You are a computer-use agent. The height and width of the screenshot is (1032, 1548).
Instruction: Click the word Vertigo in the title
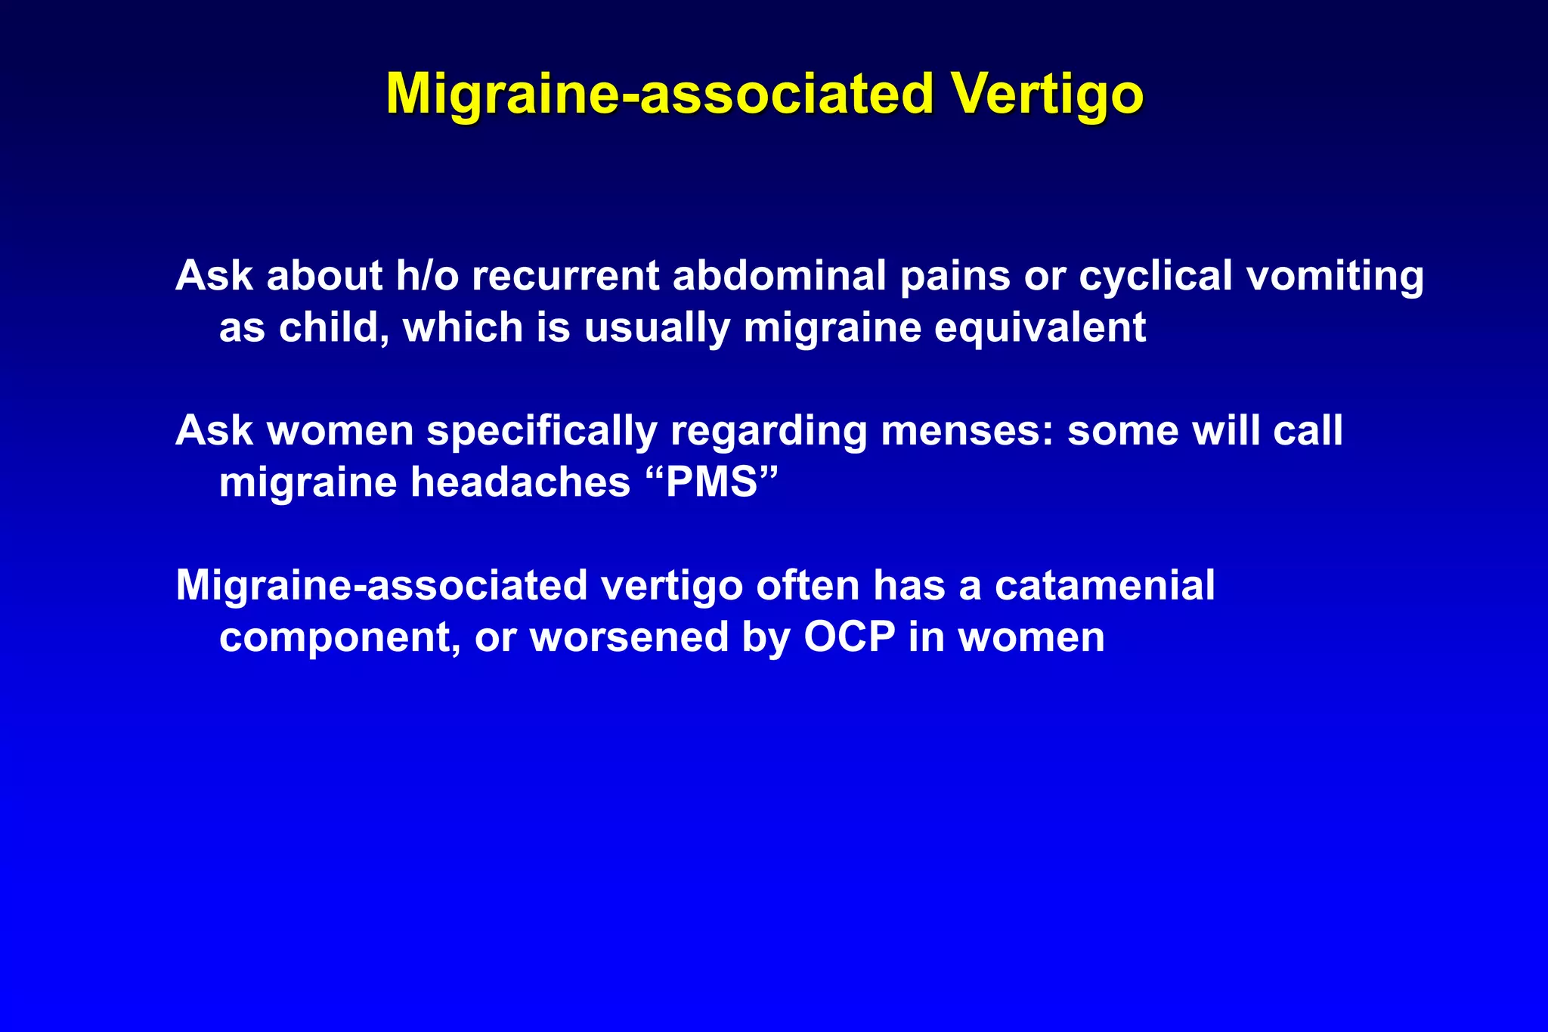[1047, 94]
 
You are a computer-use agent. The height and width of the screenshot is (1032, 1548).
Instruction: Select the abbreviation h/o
[427, 275]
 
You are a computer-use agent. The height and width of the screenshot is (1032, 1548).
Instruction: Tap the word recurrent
[565, 275]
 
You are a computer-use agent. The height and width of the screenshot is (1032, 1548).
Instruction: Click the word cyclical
[1156, 275]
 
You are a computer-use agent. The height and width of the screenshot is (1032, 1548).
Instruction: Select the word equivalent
[1040, 327]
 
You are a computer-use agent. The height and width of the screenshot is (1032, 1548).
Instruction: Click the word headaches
[520, 482]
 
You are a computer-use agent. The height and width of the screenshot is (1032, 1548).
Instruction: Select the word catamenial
[1104, 585]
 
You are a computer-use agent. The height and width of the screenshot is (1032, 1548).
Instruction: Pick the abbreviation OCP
[849, 637]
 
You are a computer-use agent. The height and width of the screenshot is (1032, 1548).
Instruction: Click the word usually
[657, 327]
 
